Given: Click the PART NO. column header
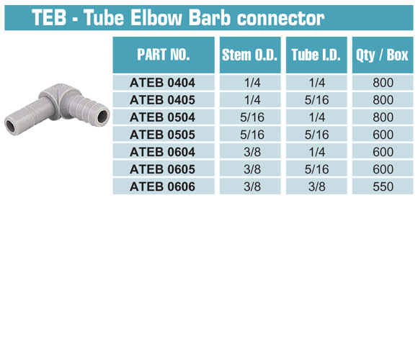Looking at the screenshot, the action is pyautogui.click(x=163, y=55).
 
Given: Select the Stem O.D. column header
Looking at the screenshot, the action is pyautogui.click(x=250, y=55).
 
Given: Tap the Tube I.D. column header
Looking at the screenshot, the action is pyautogui.click(x=316, y=55).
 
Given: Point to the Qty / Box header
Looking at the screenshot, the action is pyautogui.click(x=382, y=55).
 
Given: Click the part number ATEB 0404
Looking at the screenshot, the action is pyautogui.click(x=162, y=83).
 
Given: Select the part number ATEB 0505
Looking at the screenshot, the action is pyautogui.click(x=162, y=135).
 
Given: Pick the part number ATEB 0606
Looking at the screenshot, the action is pyautogui.click(x=162, y=186).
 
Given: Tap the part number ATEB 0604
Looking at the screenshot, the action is pyautogui.click(x=162, y=152).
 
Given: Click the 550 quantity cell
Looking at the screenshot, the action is pyautogui.click(x=383, y=186).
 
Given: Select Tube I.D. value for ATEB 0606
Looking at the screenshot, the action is pyautogui.click(x=316, y=186).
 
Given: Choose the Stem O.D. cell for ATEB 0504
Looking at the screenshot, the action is pyautogui.click(x=252, y=117).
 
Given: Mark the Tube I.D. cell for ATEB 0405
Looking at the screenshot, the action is pyautogui.click(x=316, y=100).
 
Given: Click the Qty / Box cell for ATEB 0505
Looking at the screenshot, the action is pyautogui.click(x=383, y=135).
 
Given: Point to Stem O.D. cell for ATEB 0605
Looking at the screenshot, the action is pyautogui.click(x=252, y=169).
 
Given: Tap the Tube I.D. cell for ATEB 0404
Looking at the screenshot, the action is pyautogui.click(x=316, y=83).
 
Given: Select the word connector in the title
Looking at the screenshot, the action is pyautogui.click(x=280, y=18).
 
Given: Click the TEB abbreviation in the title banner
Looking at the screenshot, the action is pyautogui.click(x=49, y=17).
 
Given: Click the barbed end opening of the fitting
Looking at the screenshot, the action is pyautogui.click(x=102, y=117).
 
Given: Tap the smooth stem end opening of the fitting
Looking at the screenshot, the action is pyautogui.click(x=12, y=127).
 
